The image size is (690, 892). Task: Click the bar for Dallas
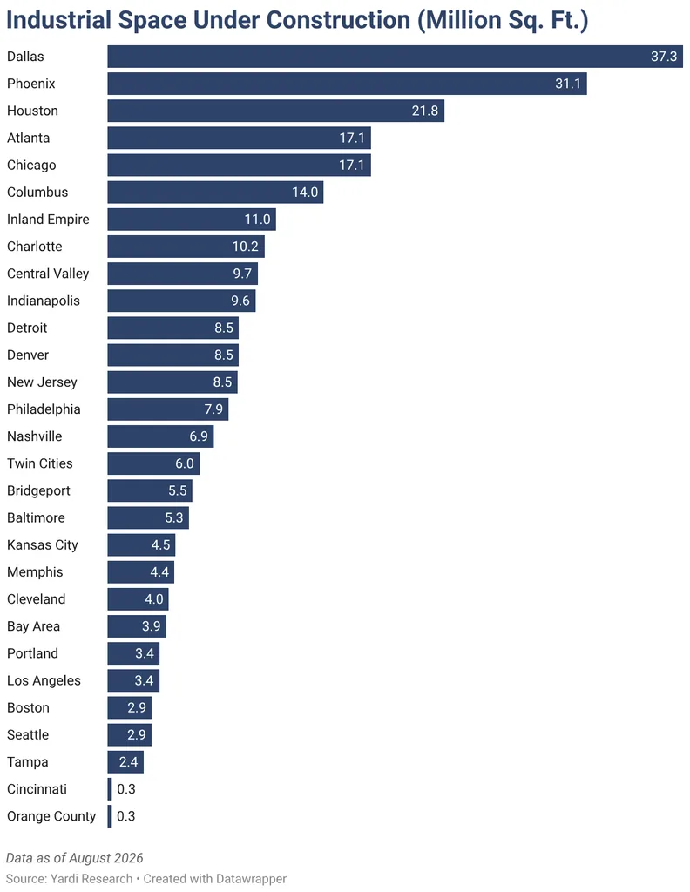[395, 57]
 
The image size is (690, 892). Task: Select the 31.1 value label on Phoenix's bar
[568, 84]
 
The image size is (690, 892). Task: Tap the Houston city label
[32, 111]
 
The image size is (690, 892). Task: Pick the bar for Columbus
[215, 193]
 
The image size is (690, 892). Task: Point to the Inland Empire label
[48, 220]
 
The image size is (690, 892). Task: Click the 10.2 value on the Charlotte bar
[245, 247]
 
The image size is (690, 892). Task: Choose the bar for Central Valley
[183, 274]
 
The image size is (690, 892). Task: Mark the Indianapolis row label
[44, 301]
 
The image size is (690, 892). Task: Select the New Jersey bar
[172, 382]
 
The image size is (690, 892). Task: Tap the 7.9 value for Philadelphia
[214, 409]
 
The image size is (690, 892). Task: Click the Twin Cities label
[40, 463]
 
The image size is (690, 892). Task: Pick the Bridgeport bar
[150, 491]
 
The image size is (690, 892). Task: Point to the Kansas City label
[43, 545]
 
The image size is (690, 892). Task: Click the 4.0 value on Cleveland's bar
[153, 599]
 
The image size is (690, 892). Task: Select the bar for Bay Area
[137, 626]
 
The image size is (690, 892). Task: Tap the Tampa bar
[125, 762]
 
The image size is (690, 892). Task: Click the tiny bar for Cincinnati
[109, 789]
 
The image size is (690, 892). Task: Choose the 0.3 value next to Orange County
[125, 816]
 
